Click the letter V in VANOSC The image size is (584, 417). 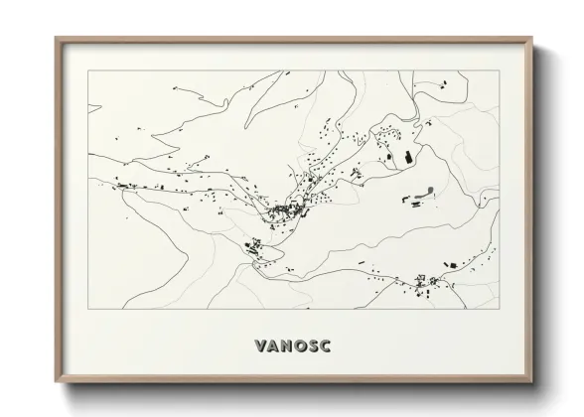click(260, 347)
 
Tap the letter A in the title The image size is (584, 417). click(273, 347)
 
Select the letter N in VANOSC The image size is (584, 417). click(286, 347)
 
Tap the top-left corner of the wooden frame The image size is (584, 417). click(55, 38)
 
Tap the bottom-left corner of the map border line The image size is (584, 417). click(88, 308)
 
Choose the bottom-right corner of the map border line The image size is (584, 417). click(499, 308)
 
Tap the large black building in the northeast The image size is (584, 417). click(406, 156)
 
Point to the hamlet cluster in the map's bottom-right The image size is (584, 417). click(429, 282)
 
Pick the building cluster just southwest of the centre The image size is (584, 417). click(252, 245)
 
